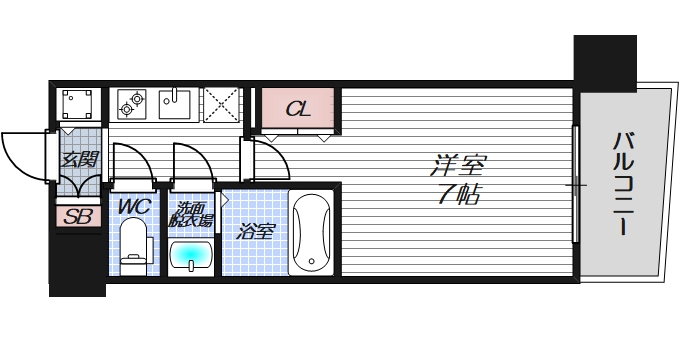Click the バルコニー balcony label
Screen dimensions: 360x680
(622, 184)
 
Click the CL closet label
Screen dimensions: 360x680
(297, 109)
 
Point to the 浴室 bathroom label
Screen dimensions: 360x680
(255, 232)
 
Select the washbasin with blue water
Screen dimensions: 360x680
(190, 256)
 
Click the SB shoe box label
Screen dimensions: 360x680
(75, 217)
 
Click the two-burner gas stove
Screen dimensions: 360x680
(132, 102)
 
